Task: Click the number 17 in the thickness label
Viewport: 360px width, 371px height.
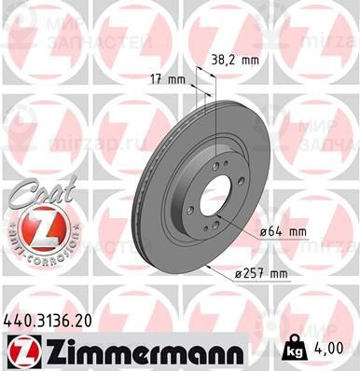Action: tap(155, 79)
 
